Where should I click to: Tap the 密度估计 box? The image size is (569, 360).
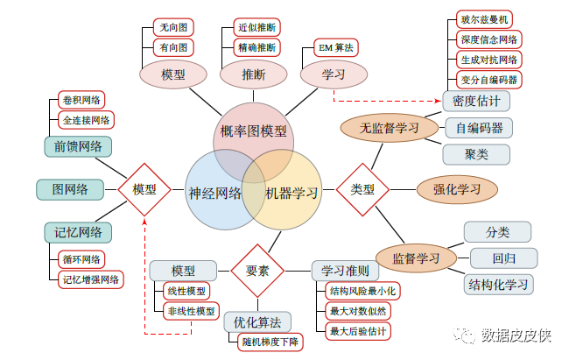(476, 101)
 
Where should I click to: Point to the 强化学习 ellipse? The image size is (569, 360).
(456, 188)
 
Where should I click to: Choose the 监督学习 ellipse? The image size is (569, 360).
(417, 258)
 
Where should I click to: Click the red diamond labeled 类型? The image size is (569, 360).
(362, 188)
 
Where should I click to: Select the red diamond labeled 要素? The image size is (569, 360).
(257, 271)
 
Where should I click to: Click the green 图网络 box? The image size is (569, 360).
(69, 188)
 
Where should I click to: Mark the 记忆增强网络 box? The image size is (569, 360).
(90, 279)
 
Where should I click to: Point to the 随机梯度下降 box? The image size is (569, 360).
(270, 342)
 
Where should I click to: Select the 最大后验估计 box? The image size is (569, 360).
(358, 331)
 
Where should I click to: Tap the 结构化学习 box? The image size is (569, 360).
(499, 284)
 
